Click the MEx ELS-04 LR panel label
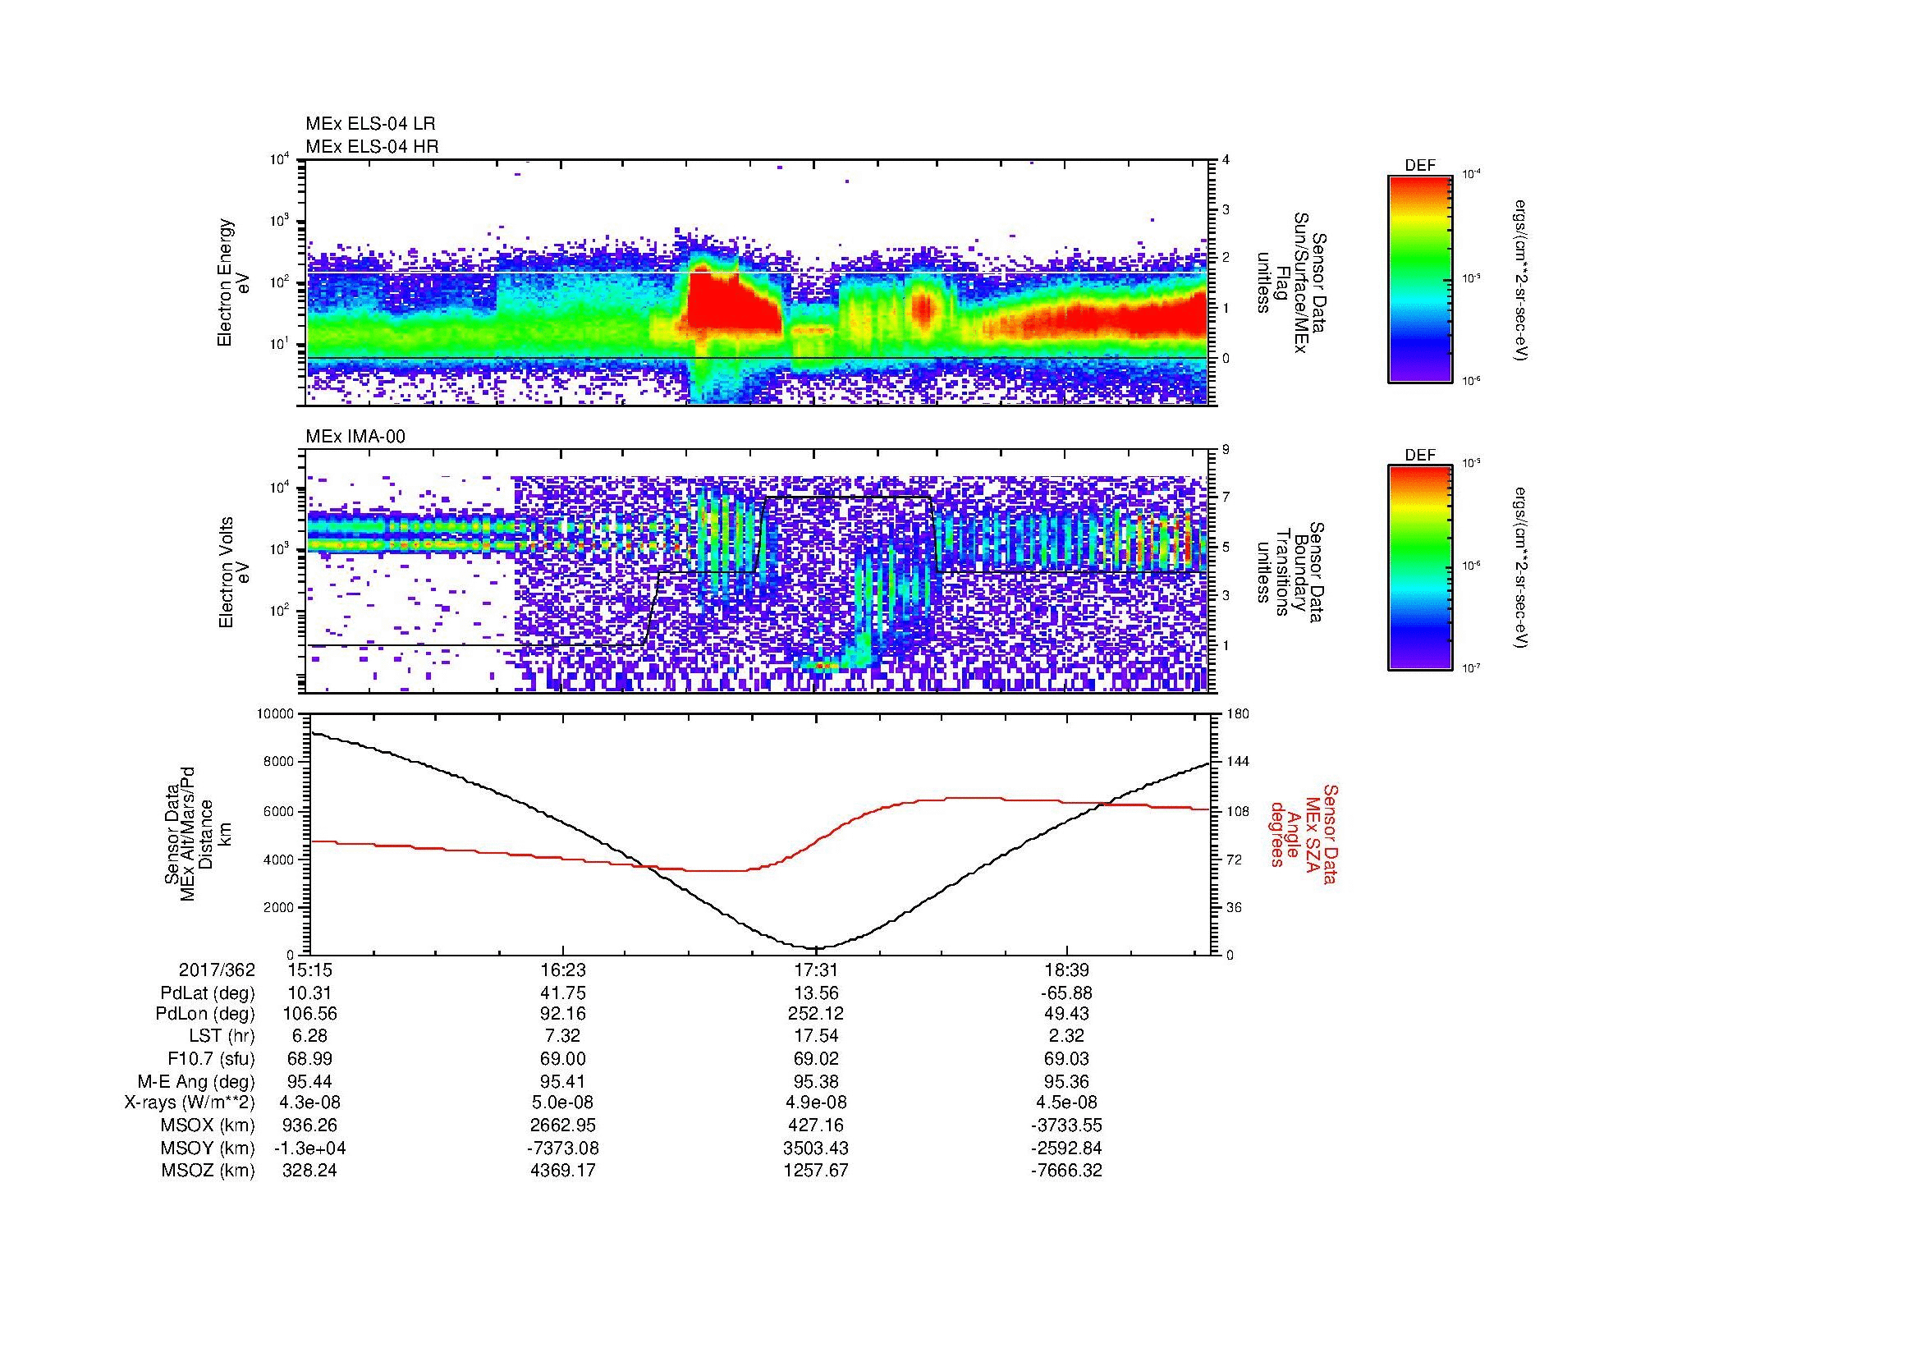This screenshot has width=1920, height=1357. pyautogui.click(x=369, y=124)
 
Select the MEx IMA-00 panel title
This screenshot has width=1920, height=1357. pyautogui.click(x=355, y=437)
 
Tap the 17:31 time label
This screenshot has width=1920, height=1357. pyautogui.click(x=815, y=970)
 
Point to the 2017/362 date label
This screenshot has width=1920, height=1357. pyautogui.click(x=217, y=970)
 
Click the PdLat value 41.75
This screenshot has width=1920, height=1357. pyautogui.click(x=563, y=993)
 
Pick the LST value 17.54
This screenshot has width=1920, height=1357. pyautogui.click(x=815, y=1037)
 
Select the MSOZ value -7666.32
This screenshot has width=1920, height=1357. pyautogui.click(x=1066, y=1171)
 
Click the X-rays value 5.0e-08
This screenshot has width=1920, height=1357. pyautogui.click(x=563, y=1103)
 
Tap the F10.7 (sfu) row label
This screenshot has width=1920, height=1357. pyautogui.click(x=211, y=1059)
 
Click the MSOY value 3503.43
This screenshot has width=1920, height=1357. pyautogui.click(x=815, y=1148)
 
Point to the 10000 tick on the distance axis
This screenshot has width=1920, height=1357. pyautogui.click(x=275, y=714)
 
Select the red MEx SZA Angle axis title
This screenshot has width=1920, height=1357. pyautogui.click(x=1304, y=833)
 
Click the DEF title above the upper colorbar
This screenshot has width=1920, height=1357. pyautogui.click(x=1420, y=167)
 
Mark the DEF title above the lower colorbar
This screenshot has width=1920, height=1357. pyautogui.click(x=1420, y=456)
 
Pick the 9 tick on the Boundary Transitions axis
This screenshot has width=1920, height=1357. pyautogui.click(x=1226, y=450)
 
